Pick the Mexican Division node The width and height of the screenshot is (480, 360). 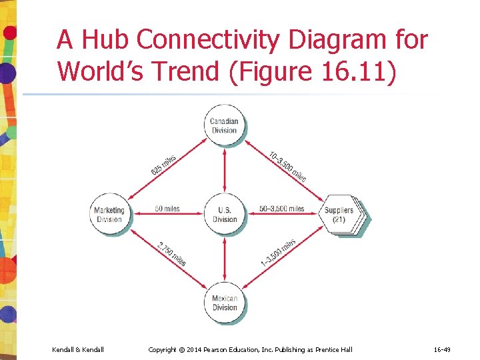225,303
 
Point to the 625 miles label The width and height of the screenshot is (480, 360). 164,165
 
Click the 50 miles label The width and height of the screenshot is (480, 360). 167,209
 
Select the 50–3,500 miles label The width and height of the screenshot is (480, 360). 281,209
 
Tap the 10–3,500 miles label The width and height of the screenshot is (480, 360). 287,166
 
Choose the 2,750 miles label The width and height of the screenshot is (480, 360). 171,254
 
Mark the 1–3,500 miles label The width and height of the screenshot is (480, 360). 278,253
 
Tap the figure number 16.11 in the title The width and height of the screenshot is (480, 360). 361,70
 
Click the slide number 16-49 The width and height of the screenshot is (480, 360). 441,349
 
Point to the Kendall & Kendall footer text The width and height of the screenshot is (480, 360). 77,349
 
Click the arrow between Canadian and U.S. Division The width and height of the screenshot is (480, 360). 225,170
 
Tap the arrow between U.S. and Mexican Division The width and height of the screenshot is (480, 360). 225,259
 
